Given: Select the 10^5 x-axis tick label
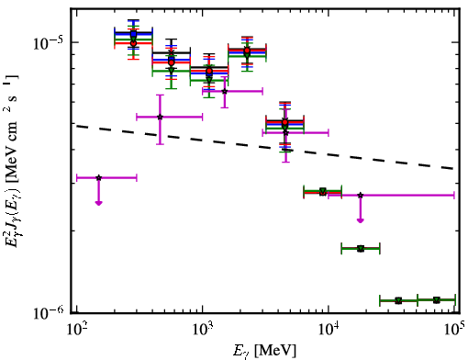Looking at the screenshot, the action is (x=455, y=329).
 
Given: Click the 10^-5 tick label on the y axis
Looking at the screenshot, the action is (x=48, y=43).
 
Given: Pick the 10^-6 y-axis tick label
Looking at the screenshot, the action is (x=49, y=312).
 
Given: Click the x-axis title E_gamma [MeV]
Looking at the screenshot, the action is (x=264, y=351).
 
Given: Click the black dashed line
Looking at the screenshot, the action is (x=264, y=147).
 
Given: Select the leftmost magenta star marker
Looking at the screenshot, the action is (x=98, y=178).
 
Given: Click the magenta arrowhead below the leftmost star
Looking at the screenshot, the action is (x=98, y=203).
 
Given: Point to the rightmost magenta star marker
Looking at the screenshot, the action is (x=361, y=195).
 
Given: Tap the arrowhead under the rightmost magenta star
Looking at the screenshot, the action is (x=361, y=220).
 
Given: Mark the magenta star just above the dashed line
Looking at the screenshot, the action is (x=160, y=117).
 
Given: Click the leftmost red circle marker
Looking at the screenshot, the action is (x=133, y=43).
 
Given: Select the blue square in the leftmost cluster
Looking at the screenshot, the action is (x=133, y=34).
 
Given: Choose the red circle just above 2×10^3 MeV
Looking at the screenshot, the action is (x=247, y=51).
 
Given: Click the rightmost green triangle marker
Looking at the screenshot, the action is (x=437, y=299).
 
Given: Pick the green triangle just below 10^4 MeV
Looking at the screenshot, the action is (x=322, y=192).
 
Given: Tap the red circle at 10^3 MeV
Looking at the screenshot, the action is (x=209, y=71).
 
